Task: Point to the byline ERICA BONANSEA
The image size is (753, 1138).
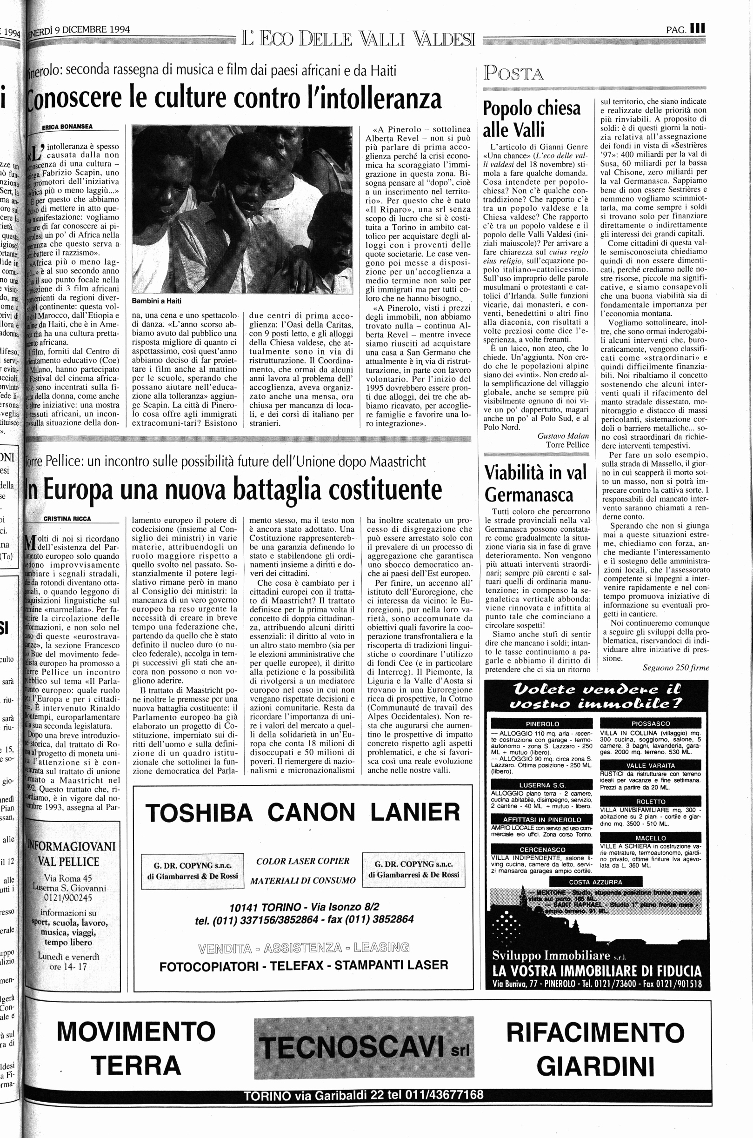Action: click(68, 127)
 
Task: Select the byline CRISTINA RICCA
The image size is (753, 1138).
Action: click(67, 519)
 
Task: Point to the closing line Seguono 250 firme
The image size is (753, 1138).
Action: click(676, 667)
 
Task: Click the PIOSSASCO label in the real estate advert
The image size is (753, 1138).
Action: click(650, 723)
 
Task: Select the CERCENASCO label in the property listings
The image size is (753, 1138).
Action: click(542, 849)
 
